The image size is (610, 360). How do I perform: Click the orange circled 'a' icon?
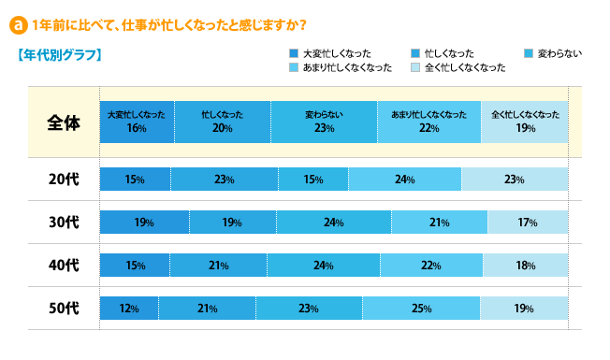pos(17,22)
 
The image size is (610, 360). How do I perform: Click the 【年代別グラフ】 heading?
pos(59,55)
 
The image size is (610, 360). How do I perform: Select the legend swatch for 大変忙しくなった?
pos(295,53)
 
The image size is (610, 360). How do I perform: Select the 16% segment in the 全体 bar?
pos(137,121)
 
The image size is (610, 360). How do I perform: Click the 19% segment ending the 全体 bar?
pos(525,121)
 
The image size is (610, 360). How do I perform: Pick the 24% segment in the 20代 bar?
pos(404,180)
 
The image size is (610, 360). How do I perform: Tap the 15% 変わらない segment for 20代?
pos(312,180)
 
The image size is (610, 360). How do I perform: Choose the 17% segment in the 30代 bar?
pos(528,223)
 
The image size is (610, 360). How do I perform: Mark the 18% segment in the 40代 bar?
pos(525,266)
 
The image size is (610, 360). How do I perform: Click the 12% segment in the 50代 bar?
pos(129,308)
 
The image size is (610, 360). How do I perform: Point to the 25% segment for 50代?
pos(421,308)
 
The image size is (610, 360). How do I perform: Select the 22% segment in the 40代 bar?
pos(431,266)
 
